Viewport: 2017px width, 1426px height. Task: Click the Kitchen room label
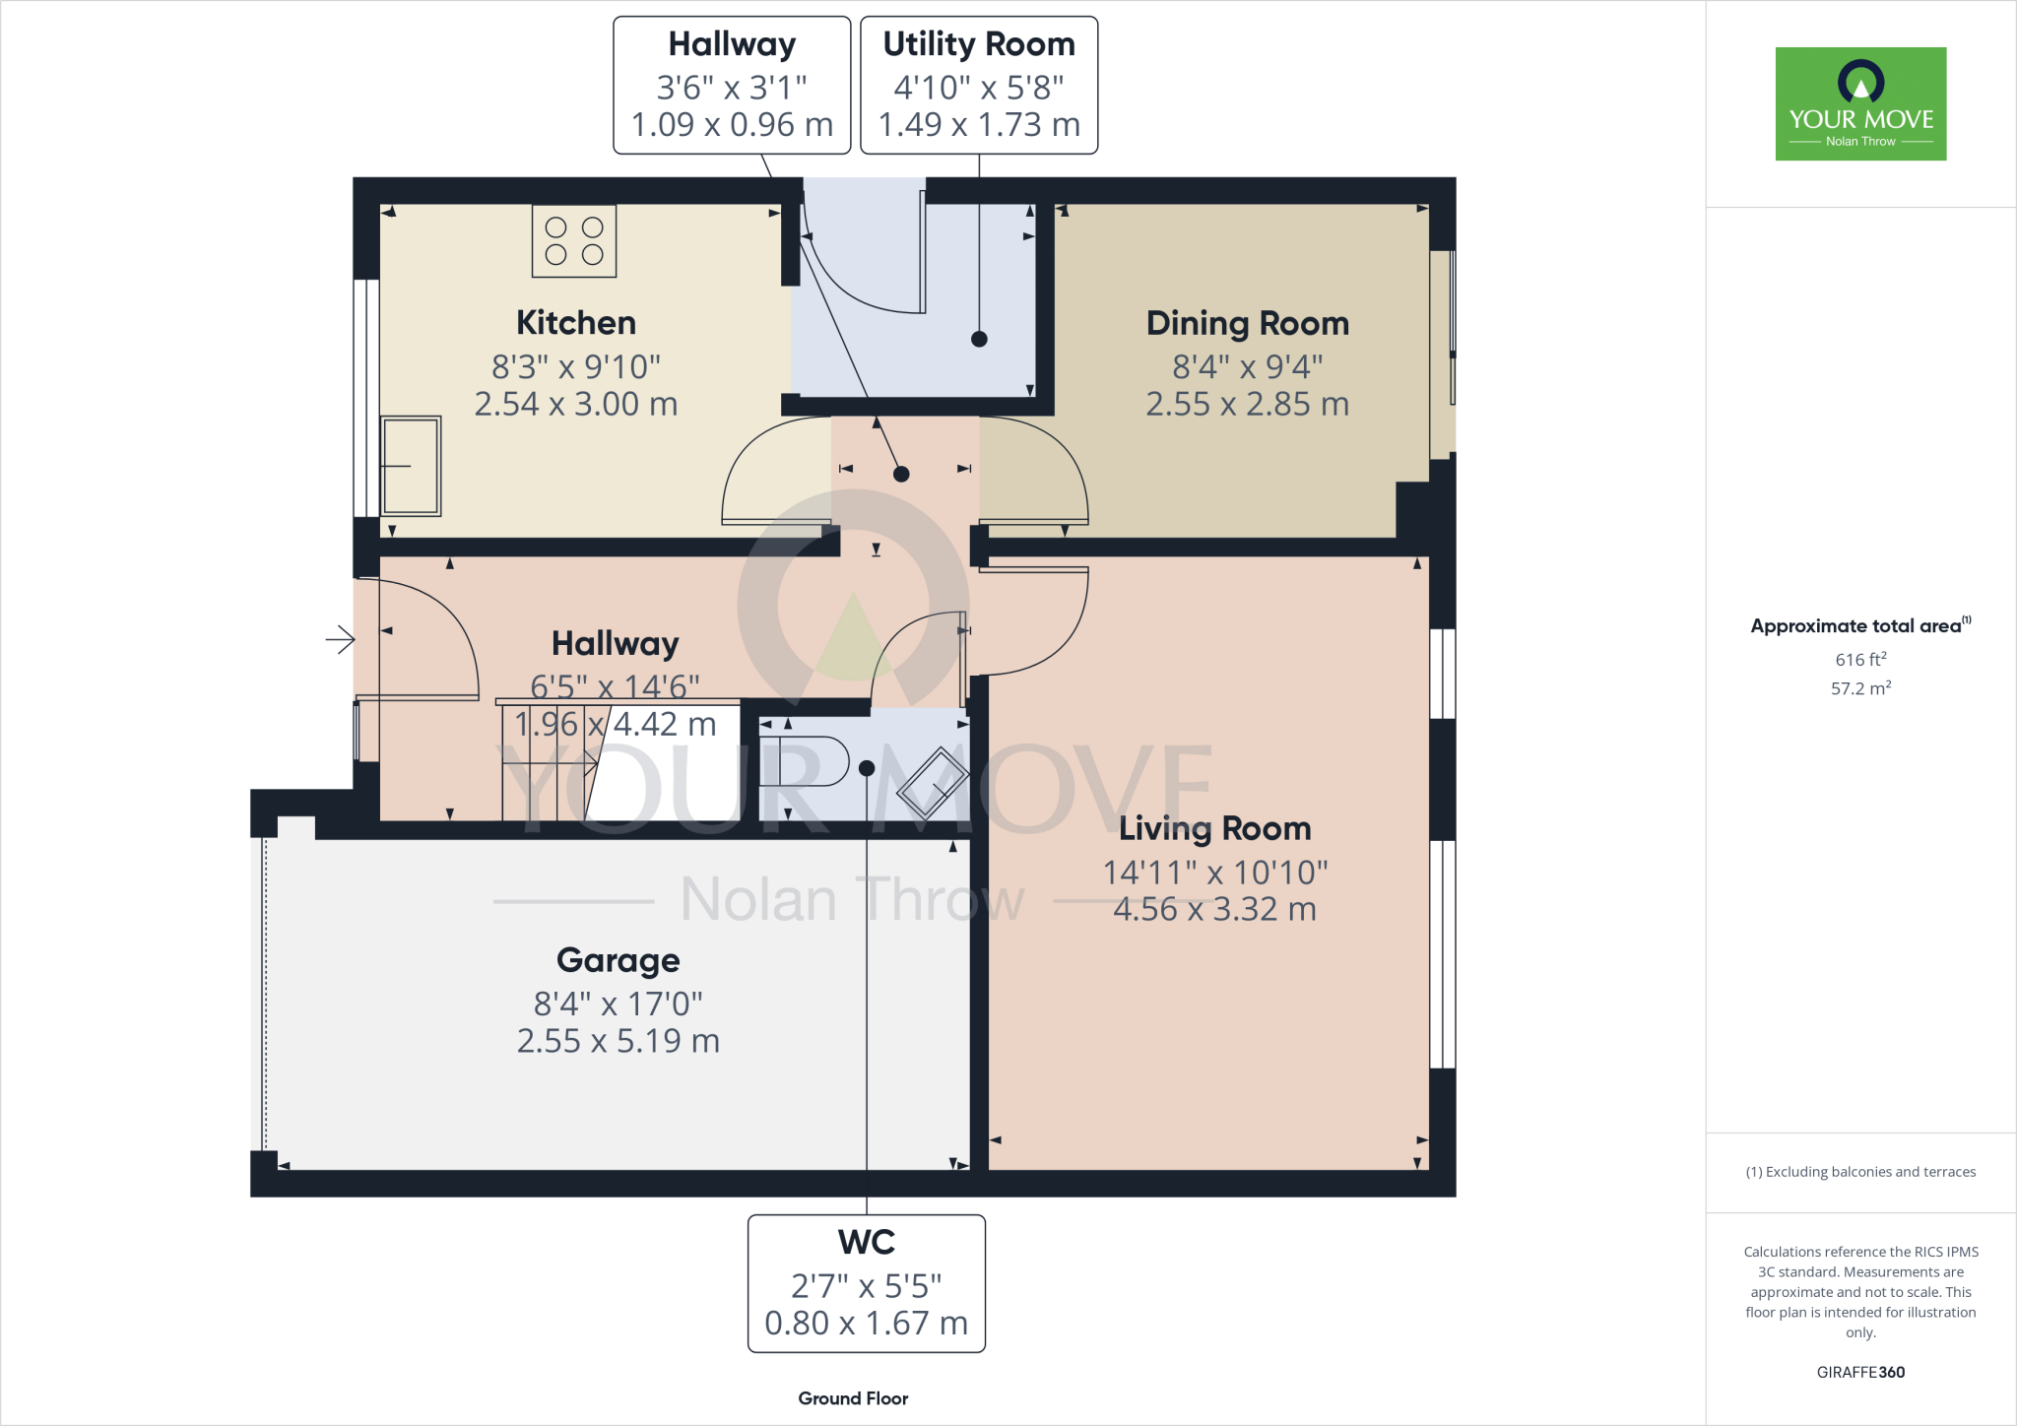576,323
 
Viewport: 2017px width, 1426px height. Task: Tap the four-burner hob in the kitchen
574,241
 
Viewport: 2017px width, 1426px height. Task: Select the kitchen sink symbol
411,466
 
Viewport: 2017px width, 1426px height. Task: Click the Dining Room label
1247,323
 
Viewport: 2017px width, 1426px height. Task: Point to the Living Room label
1214,828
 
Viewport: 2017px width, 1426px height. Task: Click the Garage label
618,959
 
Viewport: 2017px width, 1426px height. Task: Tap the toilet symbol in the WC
805,761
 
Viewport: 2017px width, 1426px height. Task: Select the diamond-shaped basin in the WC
932,783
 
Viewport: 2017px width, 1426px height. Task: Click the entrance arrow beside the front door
340,639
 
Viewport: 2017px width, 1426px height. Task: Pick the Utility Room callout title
978,44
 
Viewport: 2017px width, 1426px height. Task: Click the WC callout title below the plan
866,1242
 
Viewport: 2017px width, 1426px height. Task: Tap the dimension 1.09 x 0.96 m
732,125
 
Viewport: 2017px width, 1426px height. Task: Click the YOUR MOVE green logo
1860,103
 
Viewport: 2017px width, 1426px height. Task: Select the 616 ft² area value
1860,659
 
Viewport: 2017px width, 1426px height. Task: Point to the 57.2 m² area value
1860,687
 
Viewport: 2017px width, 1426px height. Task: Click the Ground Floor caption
853,1398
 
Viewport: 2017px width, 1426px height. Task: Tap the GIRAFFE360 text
1860,1372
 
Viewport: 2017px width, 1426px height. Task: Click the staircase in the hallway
552,763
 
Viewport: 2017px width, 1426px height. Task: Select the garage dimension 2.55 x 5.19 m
618,1041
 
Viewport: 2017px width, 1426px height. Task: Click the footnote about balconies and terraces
1860,1172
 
